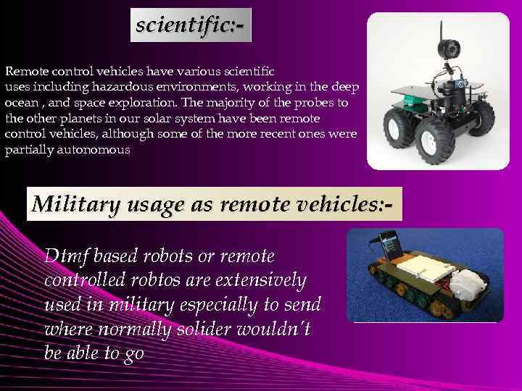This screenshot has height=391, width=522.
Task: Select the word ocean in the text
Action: [20, 103]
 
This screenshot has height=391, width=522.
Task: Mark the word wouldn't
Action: [275, 329]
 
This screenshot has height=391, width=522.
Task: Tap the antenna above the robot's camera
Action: [440, 28]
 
